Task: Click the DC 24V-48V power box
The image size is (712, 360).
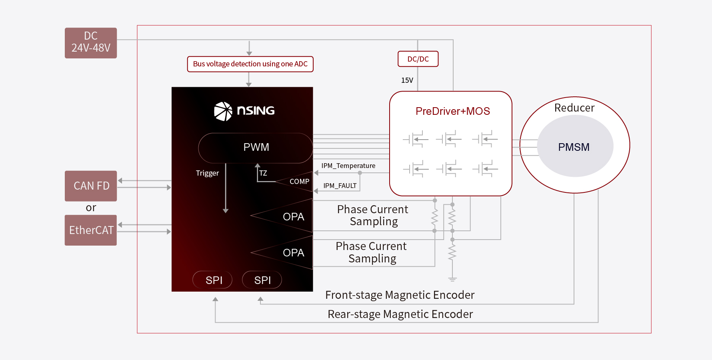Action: pyautogui.click(x=91, y=43)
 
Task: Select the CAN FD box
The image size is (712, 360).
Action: pyautogui.click(x=91, y=186)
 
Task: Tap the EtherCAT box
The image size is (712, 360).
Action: pyautogui.click(x=91, y=230)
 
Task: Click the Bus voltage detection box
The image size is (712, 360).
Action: pyautogui.click(x=250, y=64)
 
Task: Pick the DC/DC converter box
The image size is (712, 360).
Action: pyautogui.click(x=418, y=59)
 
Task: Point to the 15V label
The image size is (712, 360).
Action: pyautogui.click(x=407, y=80)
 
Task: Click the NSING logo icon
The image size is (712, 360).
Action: pyautogui.click(x=223, y=111)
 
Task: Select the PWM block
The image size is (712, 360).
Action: pyautogui.click(x=256, y=148)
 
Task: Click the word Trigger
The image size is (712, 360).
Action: pyautogui.click(x=207, y=173)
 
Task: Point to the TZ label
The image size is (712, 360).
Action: pyautogui.click(x=263, y=173)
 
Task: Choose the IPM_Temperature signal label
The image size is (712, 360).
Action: pyautogui.click(x=348, y=166)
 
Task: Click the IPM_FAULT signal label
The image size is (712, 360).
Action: pyautogui.click(x=340, y=186)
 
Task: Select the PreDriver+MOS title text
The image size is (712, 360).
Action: pyautogui.click(x=452, y=111)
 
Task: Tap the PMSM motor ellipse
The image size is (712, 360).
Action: pyautogui.click(x=574, y=146)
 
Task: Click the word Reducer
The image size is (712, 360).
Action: pyautogui.click(x=574, y=108)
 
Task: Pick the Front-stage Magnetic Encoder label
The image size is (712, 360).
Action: pyautogui.click(x=400, y=295)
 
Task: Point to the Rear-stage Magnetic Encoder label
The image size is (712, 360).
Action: pyautogui.click(x=400, y=314)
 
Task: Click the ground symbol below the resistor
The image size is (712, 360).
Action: pyautogui.click(x=452, y=279)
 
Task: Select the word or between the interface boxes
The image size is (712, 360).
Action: pyautogui.click(x=91, y=208)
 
